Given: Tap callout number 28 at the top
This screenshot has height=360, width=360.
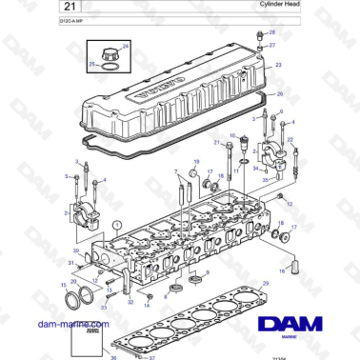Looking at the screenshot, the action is (x=272, y=32).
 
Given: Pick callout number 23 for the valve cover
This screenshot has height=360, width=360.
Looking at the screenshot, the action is (x=278, y=65).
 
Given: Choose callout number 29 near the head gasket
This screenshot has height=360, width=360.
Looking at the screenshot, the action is (x=266, y=284).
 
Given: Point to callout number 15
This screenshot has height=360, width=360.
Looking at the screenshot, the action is (x=64, y=284).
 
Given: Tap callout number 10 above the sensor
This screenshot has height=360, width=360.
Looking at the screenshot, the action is (x=230, y=135).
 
